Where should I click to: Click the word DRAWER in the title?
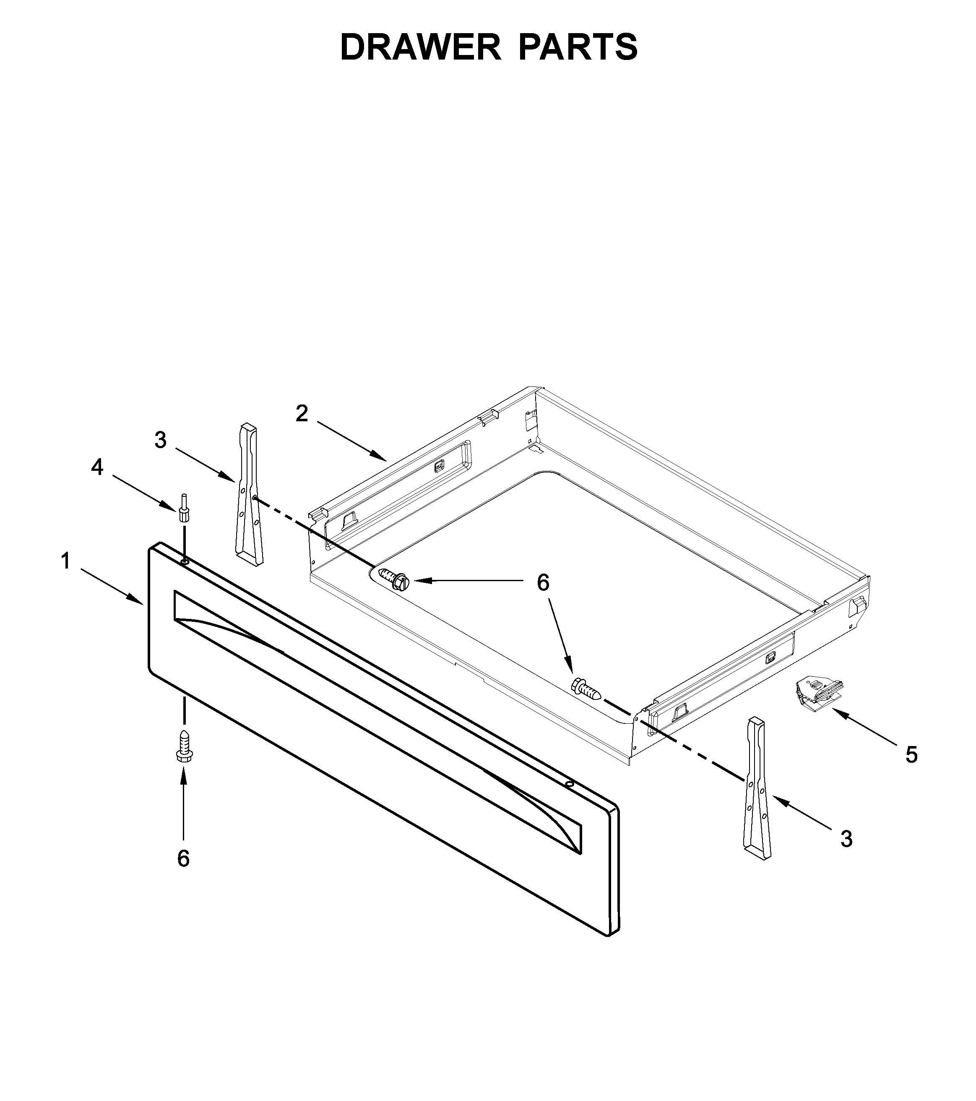[x=420, y=47]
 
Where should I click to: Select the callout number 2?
[x=302, y=414]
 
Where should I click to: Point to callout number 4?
[x=97, y=467]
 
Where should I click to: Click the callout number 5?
[x=911, y=755]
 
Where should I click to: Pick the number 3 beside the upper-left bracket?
[x=160, y=440]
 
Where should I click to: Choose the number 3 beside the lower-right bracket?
[x=846, y=839]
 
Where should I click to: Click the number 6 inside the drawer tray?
[x=543, y=583]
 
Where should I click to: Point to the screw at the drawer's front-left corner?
[x=395, y=578]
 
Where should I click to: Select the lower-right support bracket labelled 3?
[x=755, y=790]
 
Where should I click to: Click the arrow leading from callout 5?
[x=864, y=727]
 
